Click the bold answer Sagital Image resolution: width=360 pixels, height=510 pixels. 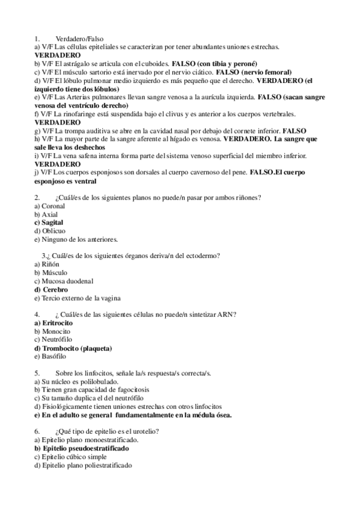click(53, 223)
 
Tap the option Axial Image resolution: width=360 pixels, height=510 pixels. click(50, 214)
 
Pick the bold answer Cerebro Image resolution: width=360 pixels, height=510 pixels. click(55, 289)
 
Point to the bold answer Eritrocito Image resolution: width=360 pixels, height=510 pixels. click(57, 323)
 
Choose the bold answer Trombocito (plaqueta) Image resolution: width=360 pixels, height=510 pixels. click(77, 348)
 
